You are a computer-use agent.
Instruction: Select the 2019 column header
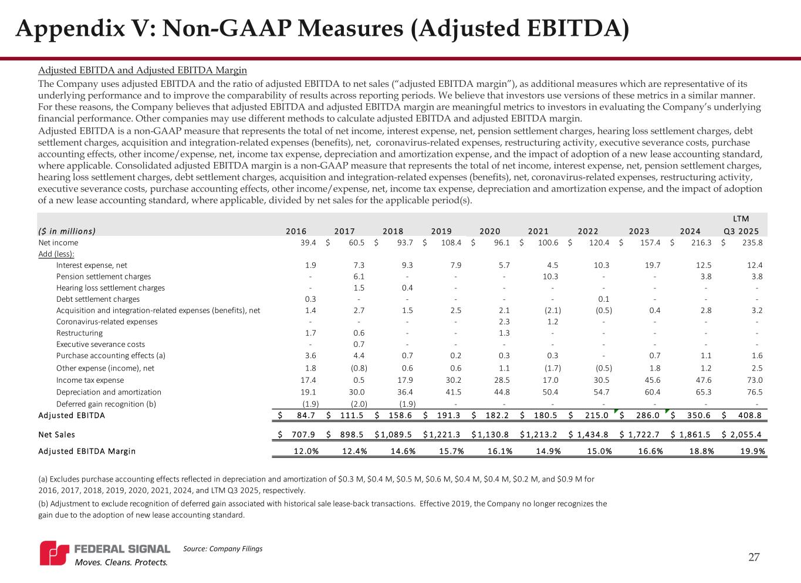441,231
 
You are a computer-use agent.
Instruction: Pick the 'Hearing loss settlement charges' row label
110,288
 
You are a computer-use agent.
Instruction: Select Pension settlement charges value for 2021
550,277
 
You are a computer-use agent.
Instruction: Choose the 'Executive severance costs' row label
100,344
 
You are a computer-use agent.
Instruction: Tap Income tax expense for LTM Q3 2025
753,380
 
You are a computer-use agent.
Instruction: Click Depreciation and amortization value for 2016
309,392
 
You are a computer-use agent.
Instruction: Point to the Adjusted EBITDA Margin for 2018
400,451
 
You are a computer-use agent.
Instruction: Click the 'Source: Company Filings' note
222,548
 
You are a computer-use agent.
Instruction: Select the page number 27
753,557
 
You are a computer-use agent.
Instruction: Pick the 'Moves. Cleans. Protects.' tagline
120,562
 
